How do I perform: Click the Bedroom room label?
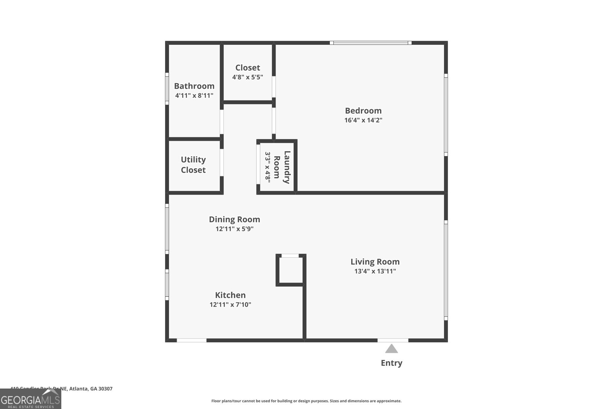click(363, 111)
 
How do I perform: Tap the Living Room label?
click(375, 262)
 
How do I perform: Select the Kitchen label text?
click(230, 295)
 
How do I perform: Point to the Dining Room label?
click(234, 219)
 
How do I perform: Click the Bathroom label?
click(194, 86)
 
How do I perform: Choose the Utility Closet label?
click(193, 165)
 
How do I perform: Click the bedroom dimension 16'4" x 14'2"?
click(363, 120)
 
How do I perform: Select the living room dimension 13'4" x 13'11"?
click(375, 271)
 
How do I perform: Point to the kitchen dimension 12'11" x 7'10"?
click(230, 305)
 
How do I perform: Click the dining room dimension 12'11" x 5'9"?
click(234, 229)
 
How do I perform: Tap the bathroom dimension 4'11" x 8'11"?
click(194, 95)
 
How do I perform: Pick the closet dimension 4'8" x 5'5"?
click(247, 77)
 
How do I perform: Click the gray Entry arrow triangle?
click(391, 349)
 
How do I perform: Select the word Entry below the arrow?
click(391, 363)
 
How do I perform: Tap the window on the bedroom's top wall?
click(370, 43)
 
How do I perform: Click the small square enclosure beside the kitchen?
click(290, 270)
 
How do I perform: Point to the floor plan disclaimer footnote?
click(306, 401)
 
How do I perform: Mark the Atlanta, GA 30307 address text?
click(91, 389)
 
